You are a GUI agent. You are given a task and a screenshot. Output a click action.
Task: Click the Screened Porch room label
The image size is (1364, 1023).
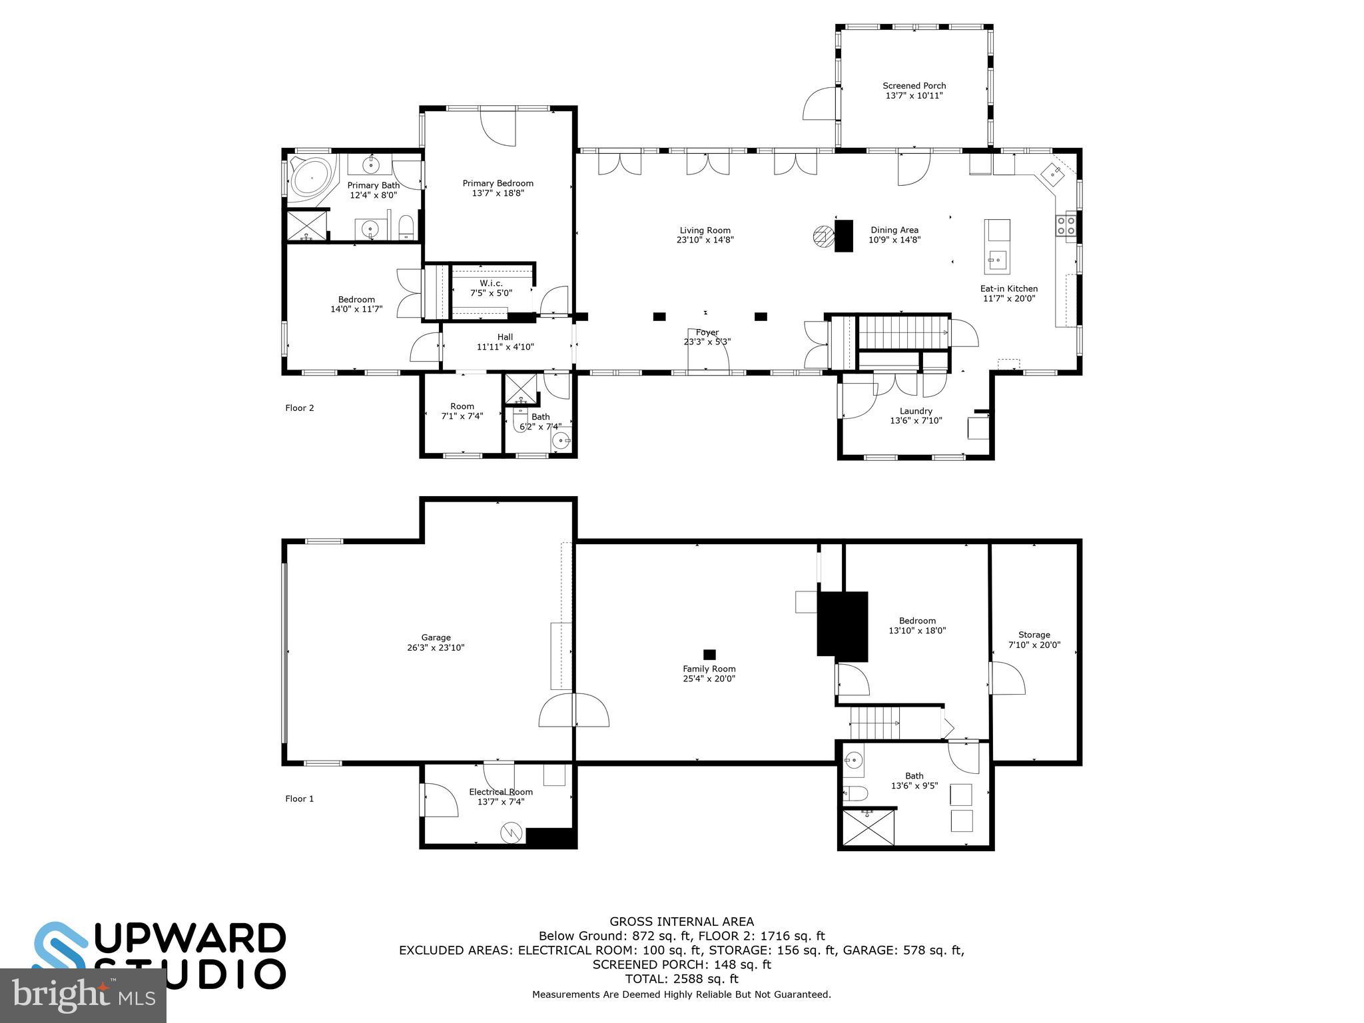[x=914, y=86]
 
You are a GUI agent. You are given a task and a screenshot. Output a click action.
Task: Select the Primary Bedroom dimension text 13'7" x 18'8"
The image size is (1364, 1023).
[x=498, y=193]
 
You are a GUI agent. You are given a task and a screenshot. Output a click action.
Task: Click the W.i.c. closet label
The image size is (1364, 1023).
[x=491, y=284]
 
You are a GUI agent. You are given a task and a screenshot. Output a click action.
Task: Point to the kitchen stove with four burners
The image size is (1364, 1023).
[x=1066, y=225]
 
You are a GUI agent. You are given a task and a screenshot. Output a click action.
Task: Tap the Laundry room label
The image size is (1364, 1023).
[x=916, y=411]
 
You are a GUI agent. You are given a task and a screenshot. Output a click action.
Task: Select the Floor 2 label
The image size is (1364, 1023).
[x=299, y=408]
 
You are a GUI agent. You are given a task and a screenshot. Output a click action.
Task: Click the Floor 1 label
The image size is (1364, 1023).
[x=299, y=799]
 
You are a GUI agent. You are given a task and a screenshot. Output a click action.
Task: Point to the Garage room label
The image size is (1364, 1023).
[x=436, y=637]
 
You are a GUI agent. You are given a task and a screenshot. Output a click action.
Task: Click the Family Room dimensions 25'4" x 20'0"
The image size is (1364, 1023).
[x=709, y=679]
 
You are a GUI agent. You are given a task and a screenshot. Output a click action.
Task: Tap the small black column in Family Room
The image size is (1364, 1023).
[x=709, y=654]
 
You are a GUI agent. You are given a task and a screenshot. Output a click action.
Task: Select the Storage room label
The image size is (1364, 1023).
[x=1034, y=635]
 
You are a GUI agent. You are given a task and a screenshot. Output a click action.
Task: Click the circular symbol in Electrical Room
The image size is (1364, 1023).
[x=511, y=831]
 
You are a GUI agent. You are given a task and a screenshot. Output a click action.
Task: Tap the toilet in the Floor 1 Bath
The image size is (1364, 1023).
[x=856, y=793]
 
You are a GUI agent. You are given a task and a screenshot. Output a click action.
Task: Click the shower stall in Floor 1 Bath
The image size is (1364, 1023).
[x=868, y=828]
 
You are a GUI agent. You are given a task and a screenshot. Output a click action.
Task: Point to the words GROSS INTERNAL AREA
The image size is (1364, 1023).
[x=681, y=922]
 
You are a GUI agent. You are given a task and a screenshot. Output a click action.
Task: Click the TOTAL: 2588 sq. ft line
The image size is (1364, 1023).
[x=681, y=979]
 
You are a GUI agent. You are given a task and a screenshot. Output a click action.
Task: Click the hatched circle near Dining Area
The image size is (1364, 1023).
[x=823, y=236]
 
